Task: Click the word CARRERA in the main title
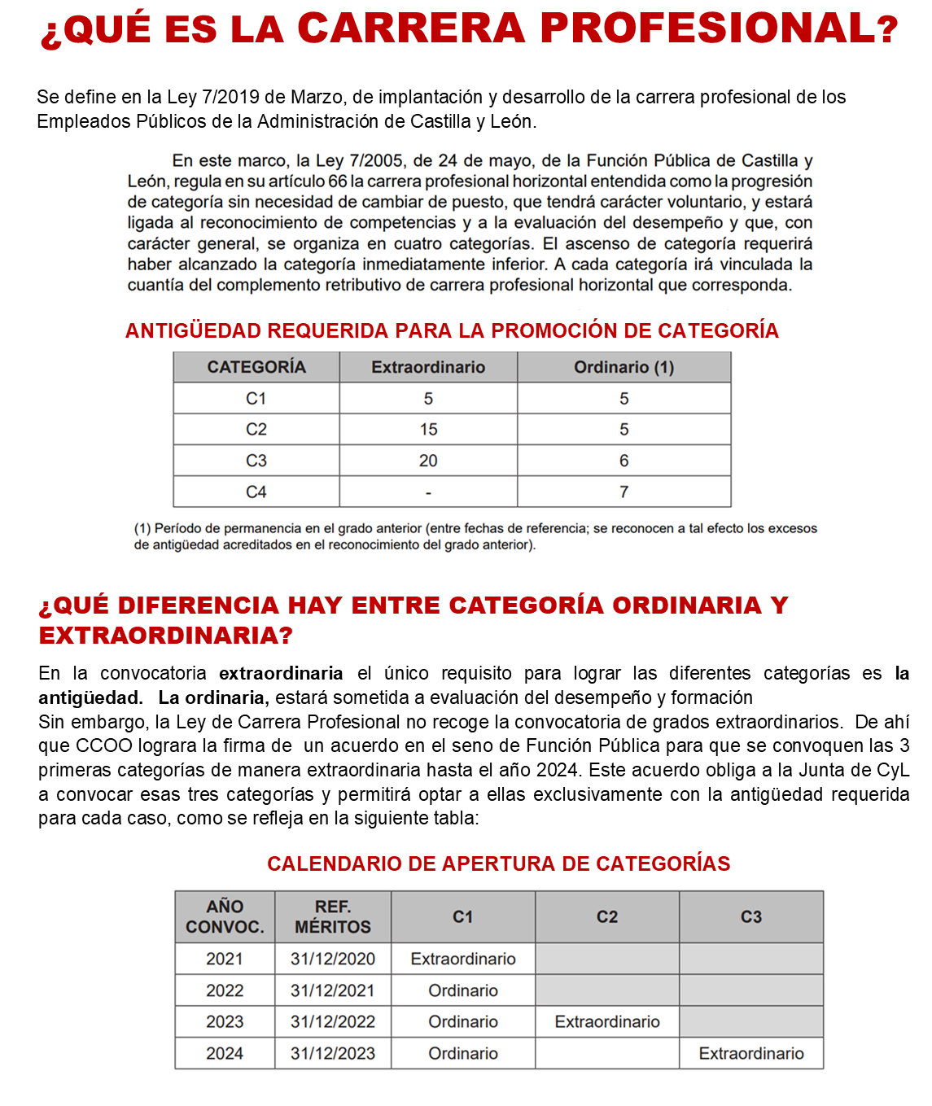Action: coord(410,29)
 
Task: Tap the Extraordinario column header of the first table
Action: coord(428,367)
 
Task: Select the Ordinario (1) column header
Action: coord(624,367)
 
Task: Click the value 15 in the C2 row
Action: coord(428,429)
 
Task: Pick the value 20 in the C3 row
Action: coord(428,461)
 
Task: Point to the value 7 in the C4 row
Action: coord(624,492)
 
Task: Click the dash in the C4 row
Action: coord(428,492)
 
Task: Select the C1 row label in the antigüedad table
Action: coord(256,398)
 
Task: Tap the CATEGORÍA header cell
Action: coord(256,367)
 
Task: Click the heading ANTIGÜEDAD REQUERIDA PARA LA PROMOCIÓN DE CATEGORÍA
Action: coord(452,330)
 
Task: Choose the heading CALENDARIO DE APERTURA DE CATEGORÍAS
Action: coord(498,863)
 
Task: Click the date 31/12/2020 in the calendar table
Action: coord(333,959)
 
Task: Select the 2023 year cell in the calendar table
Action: coord(225,1021)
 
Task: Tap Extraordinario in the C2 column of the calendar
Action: coord(607,1021)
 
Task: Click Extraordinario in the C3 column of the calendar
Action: coord(751,1053)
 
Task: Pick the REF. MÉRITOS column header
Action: coord(333,916)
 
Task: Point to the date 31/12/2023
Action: coord(333,1053)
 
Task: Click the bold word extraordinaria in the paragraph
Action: coord(281,673)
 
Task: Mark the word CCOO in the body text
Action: coord(98,745)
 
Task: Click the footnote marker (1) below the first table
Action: coord(142,528)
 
